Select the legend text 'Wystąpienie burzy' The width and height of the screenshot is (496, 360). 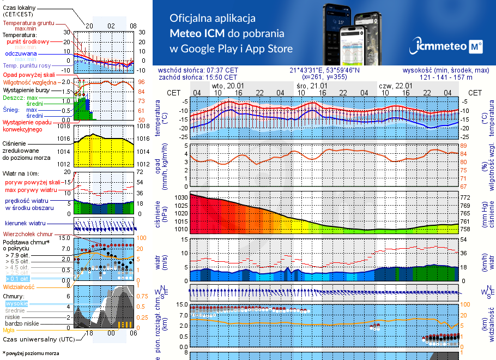[x=27, y=89]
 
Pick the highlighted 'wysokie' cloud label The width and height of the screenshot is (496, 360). [x=16, y=303]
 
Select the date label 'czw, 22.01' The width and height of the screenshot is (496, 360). [x=395, y=86]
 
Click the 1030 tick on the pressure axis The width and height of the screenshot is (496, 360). [x=181, y=197]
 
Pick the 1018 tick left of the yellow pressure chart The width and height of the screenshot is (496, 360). [x=65, y=127]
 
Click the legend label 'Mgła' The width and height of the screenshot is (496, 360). [x=9, y=329]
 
